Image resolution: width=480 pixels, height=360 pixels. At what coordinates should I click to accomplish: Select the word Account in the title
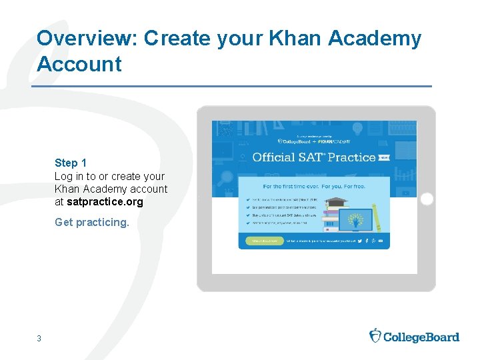click(79, 65)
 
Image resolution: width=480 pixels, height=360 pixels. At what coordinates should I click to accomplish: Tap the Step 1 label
click(71, 163)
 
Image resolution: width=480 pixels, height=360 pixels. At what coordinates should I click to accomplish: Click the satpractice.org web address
click(105, 201)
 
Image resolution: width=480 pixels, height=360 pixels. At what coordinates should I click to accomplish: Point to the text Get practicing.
click(92, 222)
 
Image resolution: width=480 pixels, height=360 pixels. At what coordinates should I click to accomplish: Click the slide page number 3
click(39, 339)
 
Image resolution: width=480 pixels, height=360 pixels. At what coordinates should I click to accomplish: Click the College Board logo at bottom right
click(414, 336)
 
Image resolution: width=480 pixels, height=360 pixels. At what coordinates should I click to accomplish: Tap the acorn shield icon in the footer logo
click(375, 335)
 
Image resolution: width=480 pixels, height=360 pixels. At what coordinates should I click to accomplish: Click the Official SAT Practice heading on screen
click(313, 157)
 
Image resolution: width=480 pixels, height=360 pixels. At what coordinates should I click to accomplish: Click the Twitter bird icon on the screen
click(359, 241)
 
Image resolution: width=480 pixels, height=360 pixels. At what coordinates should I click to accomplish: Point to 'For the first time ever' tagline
click(313, 187)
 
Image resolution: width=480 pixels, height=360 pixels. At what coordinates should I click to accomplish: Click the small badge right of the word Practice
click(383, 158)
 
